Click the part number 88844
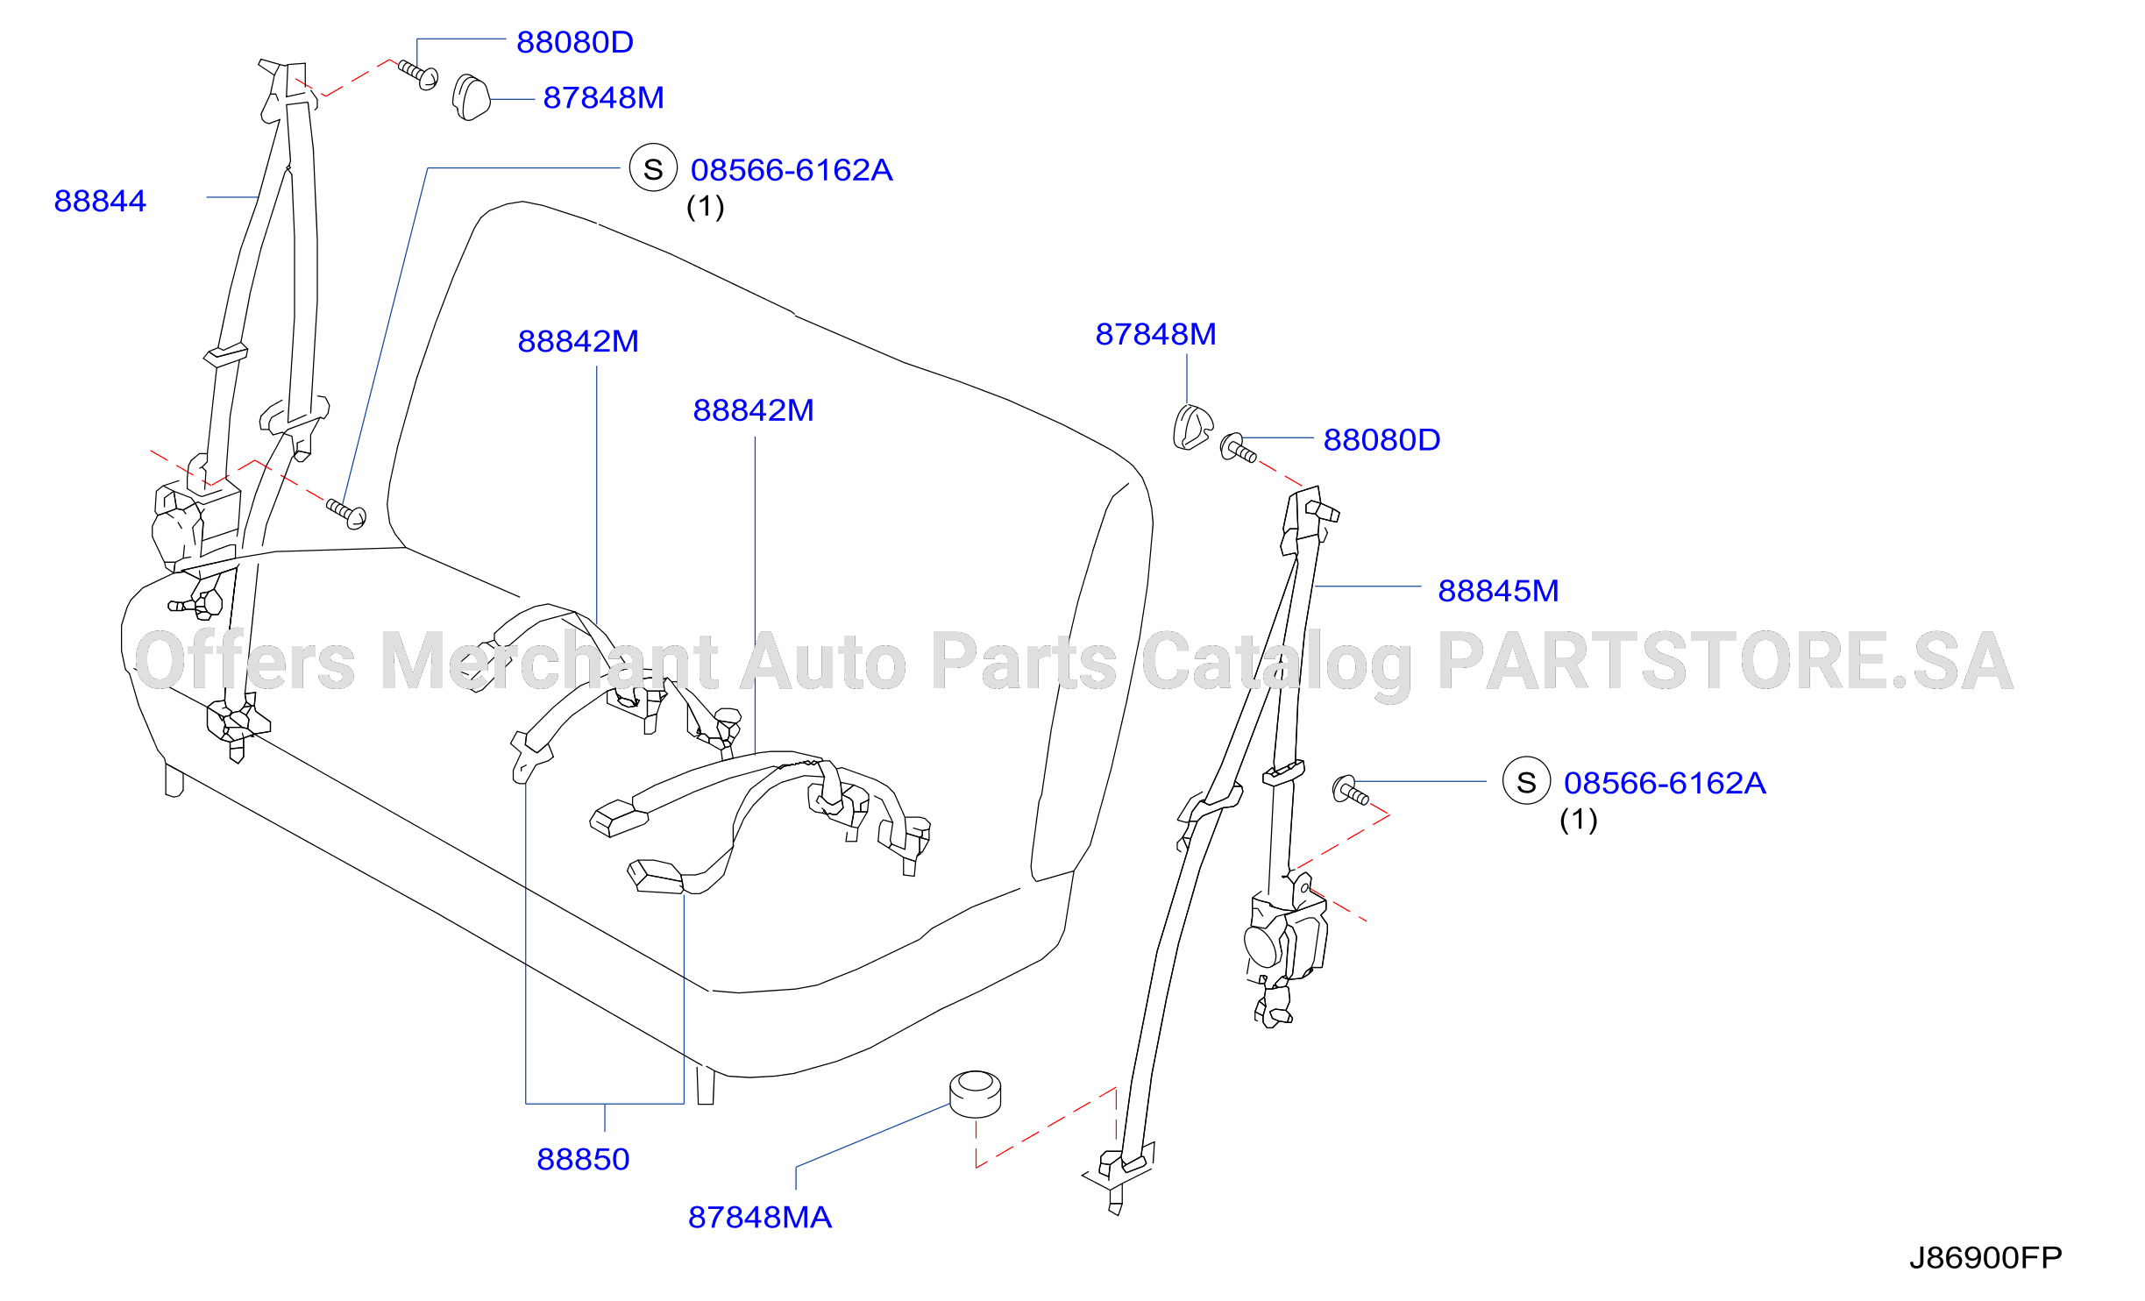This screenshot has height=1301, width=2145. coord(100,201)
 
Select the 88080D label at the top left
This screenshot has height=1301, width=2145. coord(575,42)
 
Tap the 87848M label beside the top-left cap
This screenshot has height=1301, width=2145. coord(604,97)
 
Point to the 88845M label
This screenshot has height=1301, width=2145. coord(1499,591)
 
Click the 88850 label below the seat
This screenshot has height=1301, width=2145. coord(583,1159)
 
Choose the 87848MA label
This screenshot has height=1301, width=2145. coord(760,1217)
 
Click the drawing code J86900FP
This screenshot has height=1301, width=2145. coord(1985,1257)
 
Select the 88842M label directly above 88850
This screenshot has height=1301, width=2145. coord(579,341)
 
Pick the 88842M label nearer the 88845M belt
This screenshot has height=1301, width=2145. coord(754,410)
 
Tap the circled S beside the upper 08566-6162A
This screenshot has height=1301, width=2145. coord(653,168)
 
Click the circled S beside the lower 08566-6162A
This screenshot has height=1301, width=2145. coord(1527,781)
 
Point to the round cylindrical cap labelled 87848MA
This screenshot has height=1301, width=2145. coord(975,1094)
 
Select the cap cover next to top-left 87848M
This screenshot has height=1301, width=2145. coord(471,97)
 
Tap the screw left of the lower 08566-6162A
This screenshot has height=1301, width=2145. coord(1351,791)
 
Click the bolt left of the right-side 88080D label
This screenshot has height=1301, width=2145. coord(1238,448)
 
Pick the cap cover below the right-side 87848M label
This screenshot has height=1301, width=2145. coord(1192,427)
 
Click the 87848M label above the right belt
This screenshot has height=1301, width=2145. coord(1156,334)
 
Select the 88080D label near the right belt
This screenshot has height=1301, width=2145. coord(1382,440)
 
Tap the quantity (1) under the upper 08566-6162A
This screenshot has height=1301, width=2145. coord(706,207)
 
